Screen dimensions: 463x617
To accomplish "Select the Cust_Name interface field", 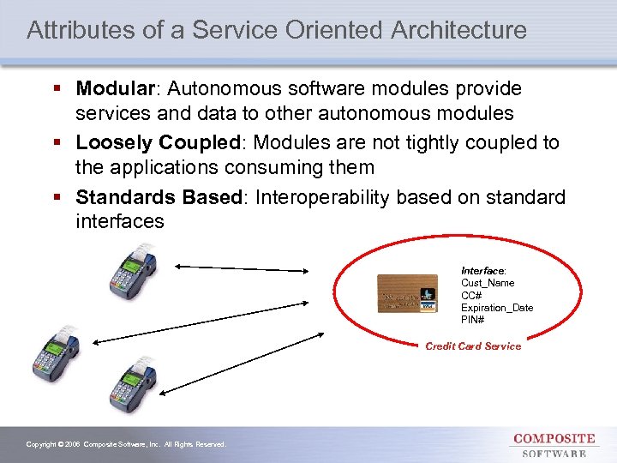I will click(x=488, y=283).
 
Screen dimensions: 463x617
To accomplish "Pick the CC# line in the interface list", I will click(x=471, y=295).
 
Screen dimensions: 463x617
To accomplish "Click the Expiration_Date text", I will click(x=496, y=308).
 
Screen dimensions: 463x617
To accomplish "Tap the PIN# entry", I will click(x=472, y=320).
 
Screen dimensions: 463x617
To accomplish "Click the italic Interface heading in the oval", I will click(x=483, y=270).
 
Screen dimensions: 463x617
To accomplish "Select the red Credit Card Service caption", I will click(x=473, y=346).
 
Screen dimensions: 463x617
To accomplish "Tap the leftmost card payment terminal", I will click(x=55, y=351).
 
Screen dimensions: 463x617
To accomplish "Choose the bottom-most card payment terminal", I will click(x=132, y=383).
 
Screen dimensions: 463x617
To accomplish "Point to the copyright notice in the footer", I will click(x=126, y=444).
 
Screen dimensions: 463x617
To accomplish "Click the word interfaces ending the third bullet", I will click(x=119, y=221).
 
